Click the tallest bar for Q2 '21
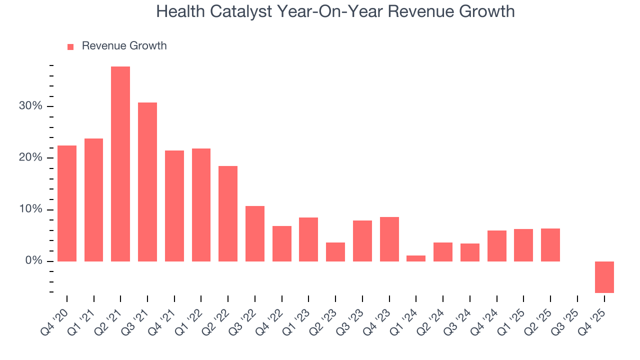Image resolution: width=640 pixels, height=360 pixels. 120,164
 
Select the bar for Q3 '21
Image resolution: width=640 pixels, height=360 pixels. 147,182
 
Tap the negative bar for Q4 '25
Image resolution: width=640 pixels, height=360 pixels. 604,277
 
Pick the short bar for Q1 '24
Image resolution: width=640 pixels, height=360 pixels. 416,258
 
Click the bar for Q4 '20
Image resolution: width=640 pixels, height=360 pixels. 67,203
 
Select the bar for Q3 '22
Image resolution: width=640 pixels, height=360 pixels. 255,233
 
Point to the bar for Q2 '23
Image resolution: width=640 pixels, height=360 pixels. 335,252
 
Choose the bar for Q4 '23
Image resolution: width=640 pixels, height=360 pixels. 389,239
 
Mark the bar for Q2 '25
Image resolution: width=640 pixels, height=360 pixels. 550,245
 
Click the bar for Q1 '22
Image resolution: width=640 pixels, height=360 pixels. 201,205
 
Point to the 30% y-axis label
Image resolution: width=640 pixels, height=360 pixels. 31,106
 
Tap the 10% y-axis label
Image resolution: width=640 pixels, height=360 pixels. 31,209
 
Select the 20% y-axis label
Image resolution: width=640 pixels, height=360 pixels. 31,158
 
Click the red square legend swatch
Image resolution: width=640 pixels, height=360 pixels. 70,46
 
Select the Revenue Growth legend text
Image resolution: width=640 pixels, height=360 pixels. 124,46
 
